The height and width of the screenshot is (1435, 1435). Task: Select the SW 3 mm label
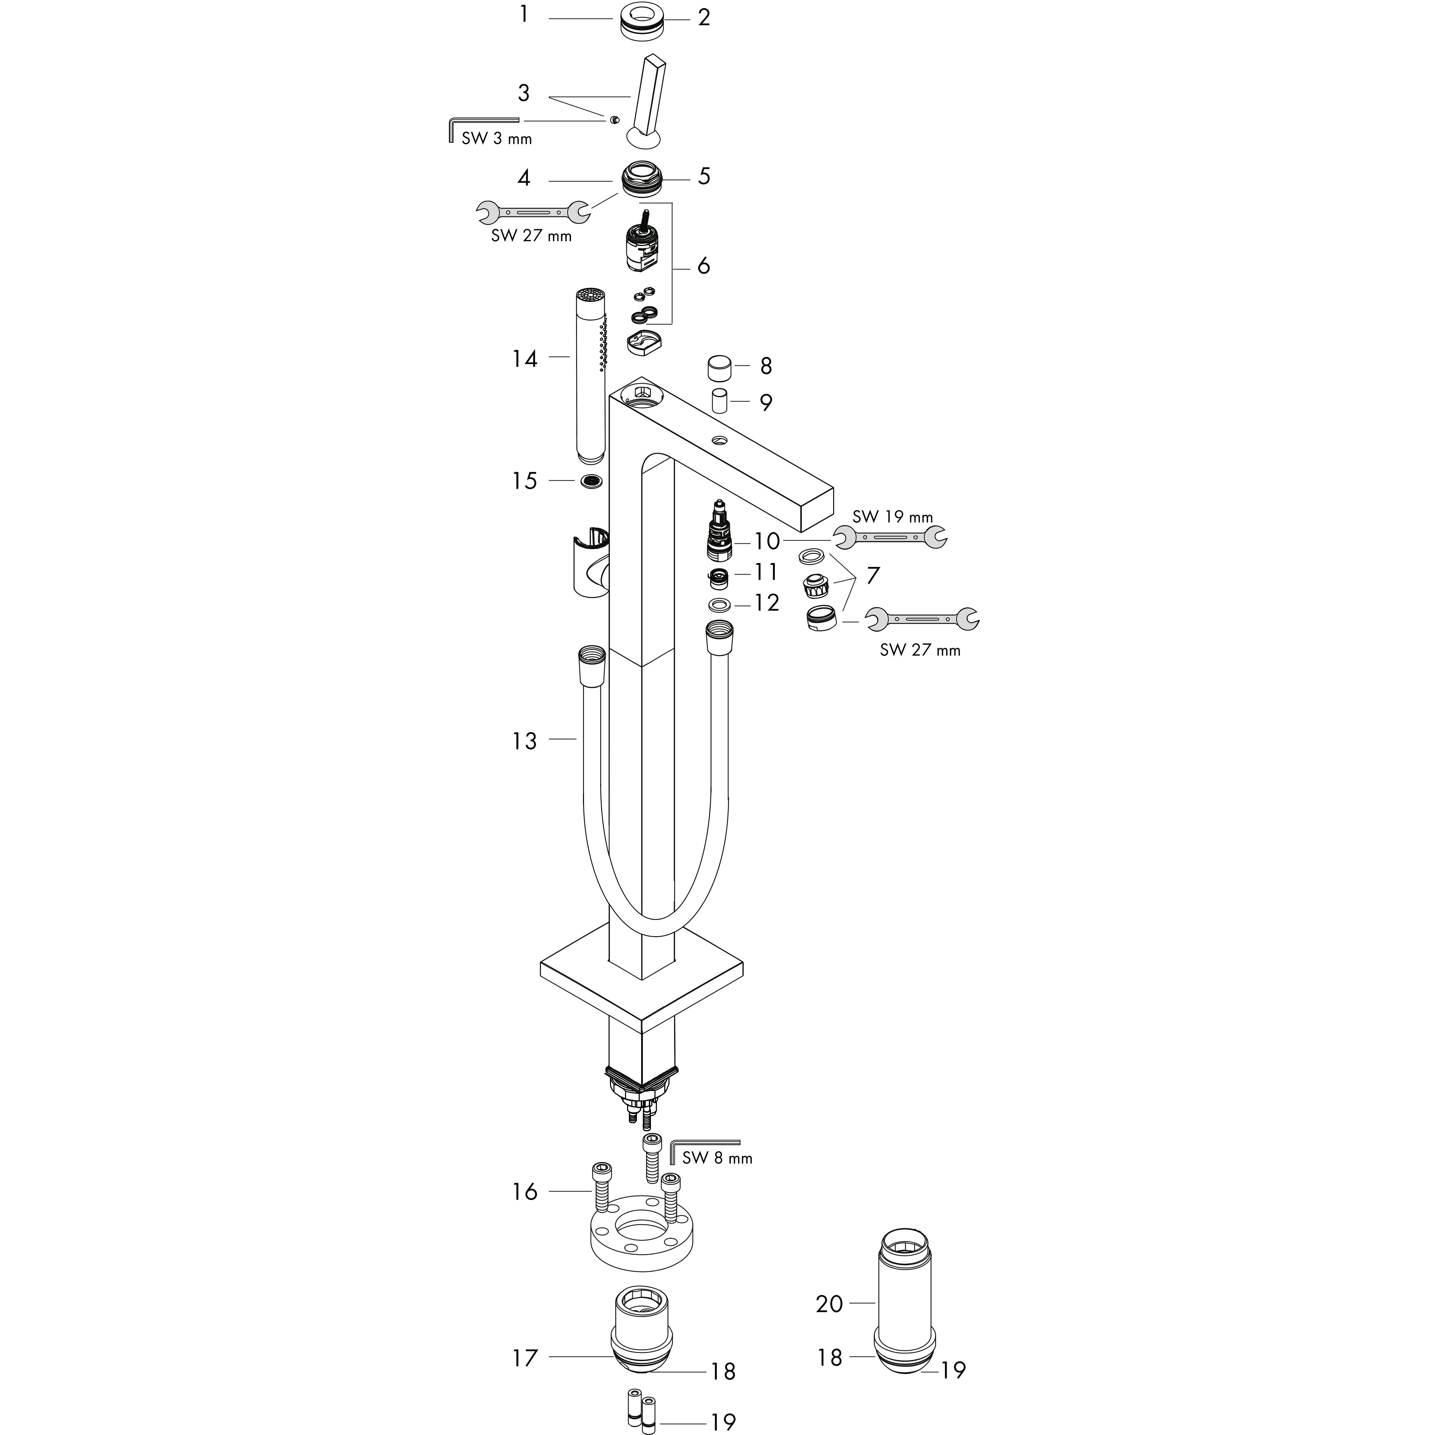point(496,138)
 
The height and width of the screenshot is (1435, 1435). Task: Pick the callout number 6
point(703,265)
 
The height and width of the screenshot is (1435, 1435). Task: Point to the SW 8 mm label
point(717,1157)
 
